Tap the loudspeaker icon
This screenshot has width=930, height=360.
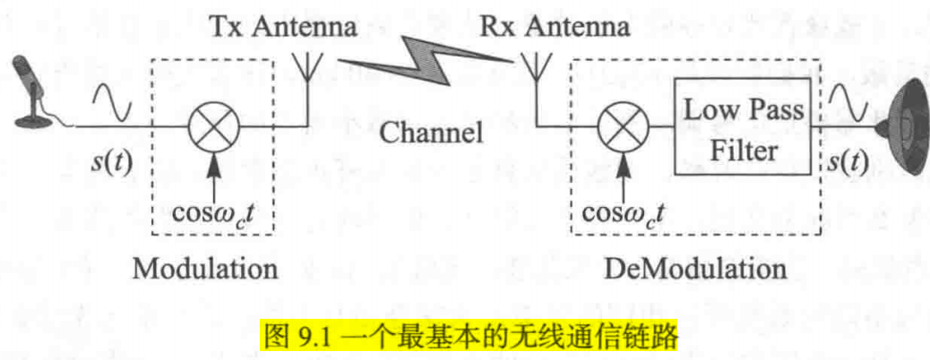[x=903, y=117]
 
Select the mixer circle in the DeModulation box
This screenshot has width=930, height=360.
[x=621, y=126]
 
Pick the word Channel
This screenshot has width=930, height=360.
[x=431, y=134]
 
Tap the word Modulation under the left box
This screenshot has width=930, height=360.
[x=205, y=269]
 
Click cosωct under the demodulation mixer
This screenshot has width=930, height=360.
[x=624, y=215]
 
